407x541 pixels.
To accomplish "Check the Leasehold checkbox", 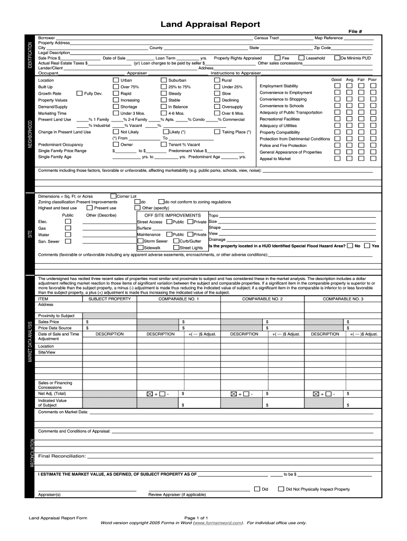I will [302, 58].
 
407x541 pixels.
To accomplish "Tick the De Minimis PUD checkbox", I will [338, 58].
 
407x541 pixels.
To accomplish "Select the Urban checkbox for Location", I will [116, 80].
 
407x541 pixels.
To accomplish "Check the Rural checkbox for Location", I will [217, 80].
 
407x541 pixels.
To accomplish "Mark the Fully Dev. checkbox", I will [80, 94].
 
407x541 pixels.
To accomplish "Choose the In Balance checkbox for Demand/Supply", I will [163, 107].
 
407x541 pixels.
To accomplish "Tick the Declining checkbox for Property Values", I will [217, 100].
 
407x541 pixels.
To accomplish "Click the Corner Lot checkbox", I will [113, 196].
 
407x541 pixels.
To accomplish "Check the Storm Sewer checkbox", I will [140, 241].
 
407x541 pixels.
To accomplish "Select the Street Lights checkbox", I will [176, 247].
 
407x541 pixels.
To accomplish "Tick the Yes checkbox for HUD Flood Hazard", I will [367, 246].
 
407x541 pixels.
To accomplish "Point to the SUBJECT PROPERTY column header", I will [109, 299].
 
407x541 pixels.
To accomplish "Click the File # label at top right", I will [355, 32].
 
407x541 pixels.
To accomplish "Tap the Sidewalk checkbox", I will [140, 247].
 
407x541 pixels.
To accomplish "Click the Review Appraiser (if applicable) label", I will [177, 495].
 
